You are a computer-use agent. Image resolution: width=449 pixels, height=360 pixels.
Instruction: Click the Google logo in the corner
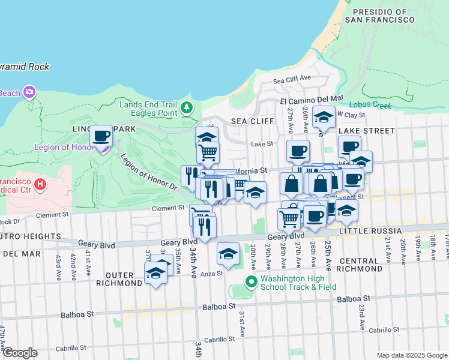(19, 353)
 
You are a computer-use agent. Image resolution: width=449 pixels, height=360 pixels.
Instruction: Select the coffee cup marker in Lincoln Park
(101, 137)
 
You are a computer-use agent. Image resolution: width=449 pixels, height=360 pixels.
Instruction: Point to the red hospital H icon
(40, 183)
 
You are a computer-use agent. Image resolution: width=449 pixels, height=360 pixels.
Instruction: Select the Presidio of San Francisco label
(383, 16)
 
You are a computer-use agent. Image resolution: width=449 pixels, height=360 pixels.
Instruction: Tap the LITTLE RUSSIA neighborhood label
(370, 231)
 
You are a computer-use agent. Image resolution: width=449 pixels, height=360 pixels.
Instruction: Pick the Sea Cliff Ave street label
(292, 79)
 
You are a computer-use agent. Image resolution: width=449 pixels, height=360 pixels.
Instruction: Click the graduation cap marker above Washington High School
(228, 254)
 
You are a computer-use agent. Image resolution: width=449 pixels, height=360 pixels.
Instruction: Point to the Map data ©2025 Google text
(411, 355)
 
